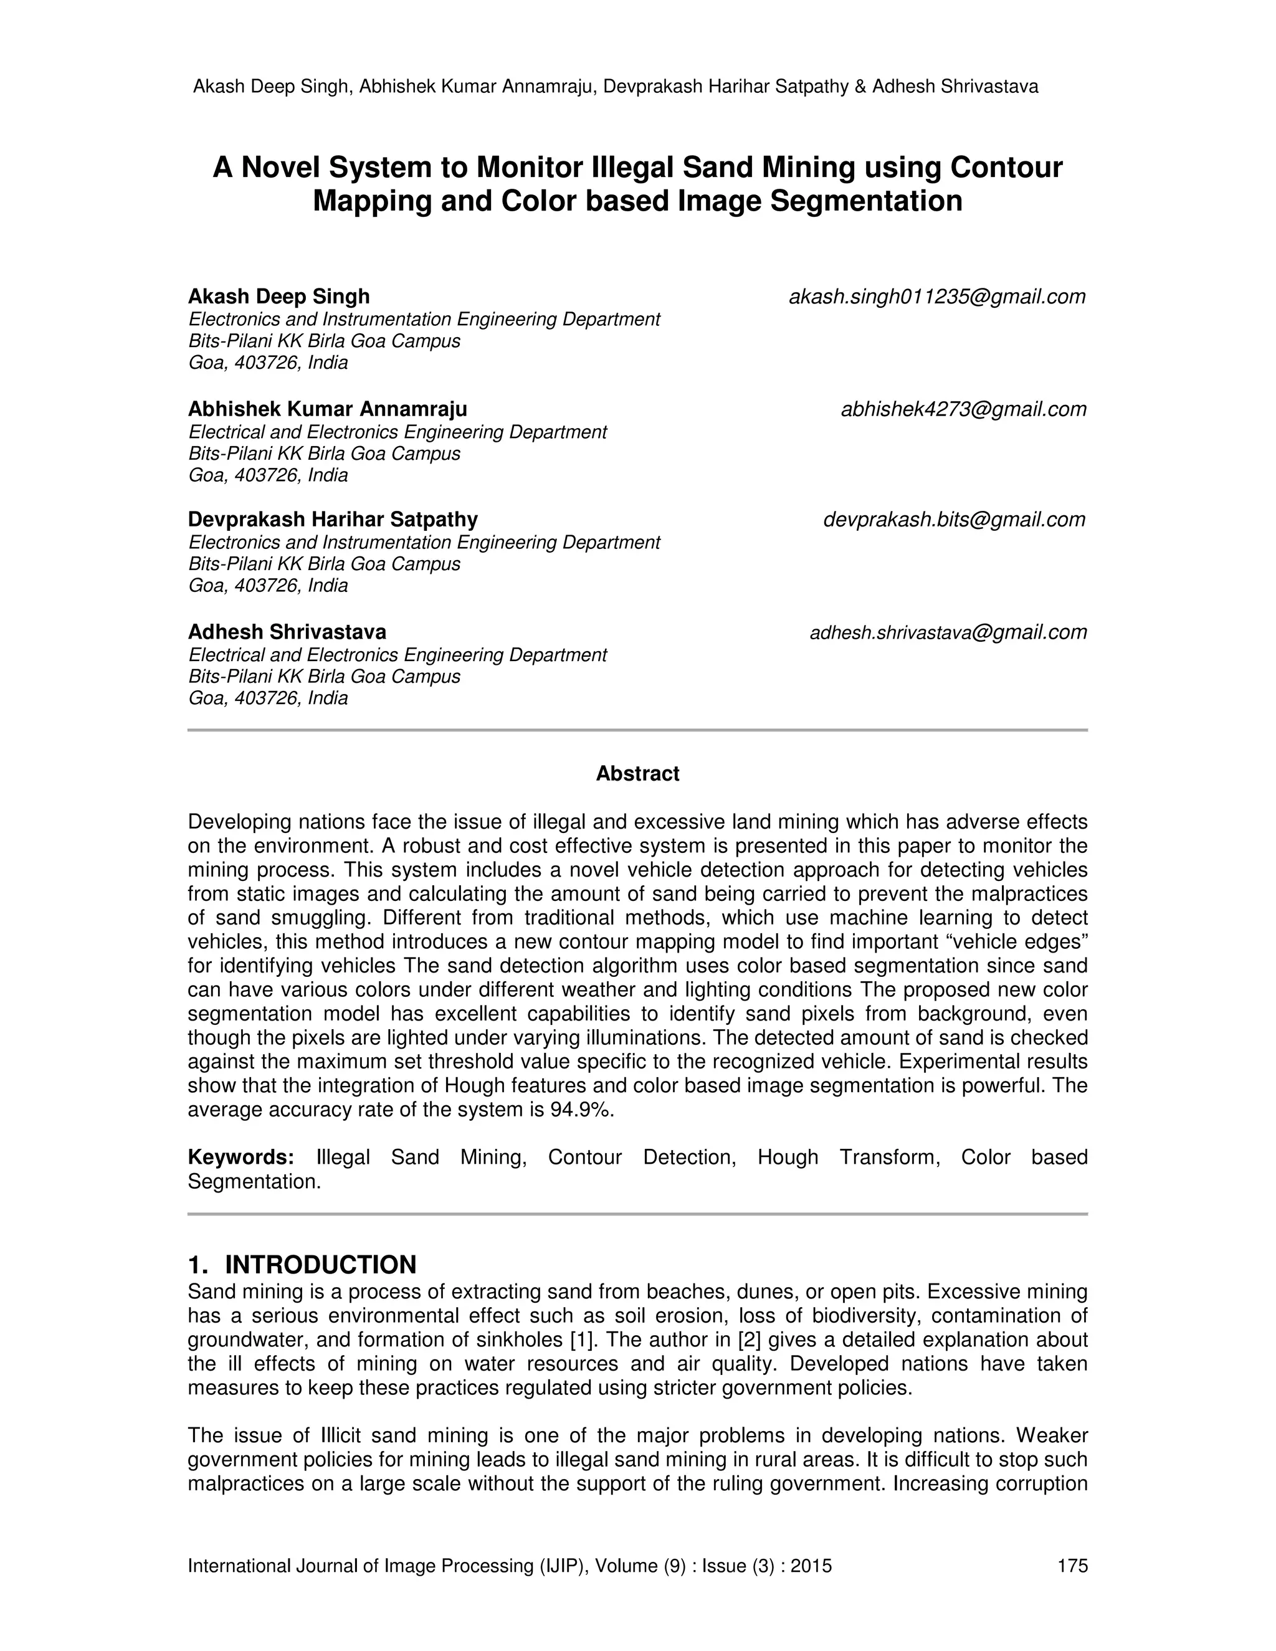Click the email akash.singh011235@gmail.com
coord(936,297)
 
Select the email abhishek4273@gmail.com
coord(963,410)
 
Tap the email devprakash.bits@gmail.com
coord(954,520)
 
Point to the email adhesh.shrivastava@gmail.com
coord(948,633)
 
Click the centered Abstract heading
coord(637,774)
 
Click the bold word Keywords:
coord(240,1158)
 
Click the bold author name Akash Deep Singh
coord(279,297)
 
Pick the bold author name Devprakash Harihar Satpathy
coord(333,520)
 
